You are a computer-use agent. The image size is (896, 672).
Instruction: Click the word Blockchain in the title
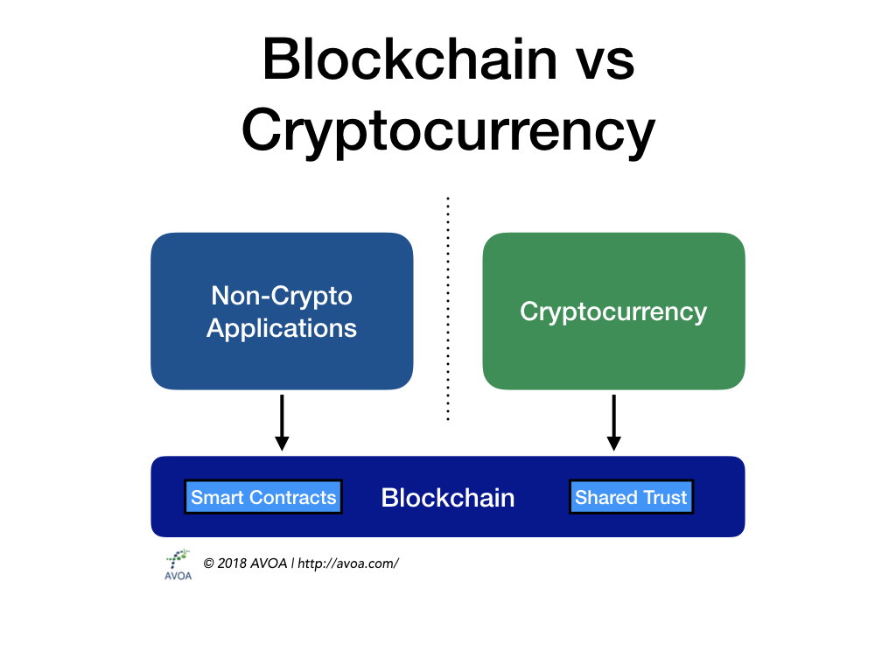point(409,59)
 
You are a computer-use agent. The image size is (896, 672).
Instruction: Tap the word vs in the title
point(602,59)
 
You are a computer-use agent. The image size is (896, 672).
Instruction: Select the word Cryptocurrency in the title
point(448,131)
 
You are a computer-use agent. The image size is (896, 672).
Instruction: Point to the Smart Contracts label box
point(263,497)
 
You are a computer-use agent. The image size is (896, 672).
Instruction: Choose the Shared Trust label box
point(631,497)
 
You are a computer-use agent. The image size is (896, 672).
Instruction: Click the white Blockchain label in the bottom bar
point(448,498)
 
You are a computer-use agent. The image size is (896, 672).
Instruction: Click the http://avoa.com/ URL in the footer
point(348,563)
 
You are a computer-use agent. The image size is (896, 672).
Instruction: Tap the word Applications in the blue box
point(282,328)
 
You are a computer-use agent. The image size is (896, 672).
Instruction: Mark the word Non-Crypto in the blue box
point(282,296)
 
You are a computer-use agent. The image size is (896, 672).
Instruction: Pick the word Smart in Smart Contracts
point(218,497)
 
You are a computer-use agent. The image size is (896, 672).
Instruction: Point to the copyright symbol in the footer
point(208,563)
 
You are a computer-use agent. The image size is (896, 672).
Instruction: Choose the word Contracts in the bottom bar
point(292,497)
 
